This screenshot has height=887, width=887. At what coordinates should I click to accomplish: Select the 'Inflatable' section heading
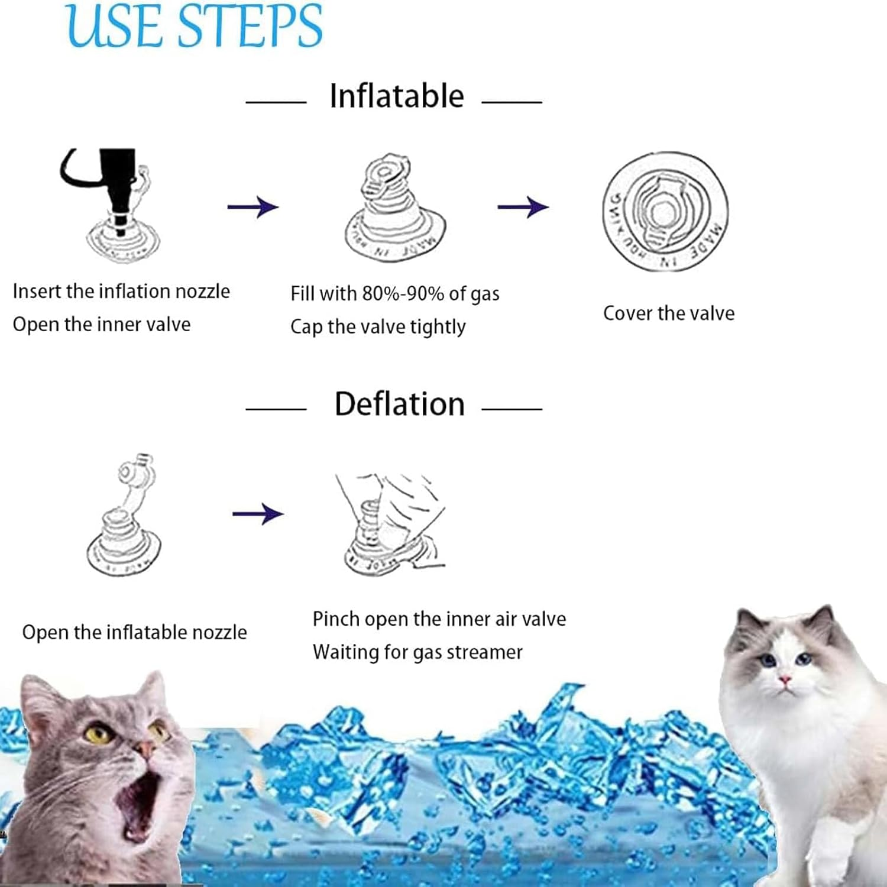point(396,96)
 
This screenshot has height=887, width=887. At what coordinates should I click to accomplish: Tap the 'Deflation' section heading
point(399,404)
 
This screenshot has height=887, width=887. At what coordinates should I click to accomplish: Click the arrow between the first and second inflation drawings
point(252,207)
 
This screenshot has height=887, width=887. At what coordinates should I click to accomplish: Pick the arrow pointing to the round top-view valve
point(523,207)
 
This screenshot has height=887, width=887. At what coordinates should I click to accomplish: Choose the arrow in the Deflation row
point(257,514)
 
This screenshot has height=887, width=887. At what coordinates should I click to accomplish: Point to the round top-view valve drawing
point(665,211)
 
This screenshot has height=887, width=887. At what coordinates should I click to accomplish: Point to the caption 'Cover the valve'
point(669,313)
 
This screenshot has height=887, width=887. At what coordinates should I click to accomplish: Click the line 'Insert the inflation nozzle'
point(121,292)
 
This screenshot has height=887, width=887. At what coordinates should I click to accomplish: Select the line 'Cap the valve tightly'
point(378,327)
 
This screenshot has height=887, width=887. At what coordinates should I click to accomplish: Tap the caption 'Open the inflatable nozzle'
point(134,633)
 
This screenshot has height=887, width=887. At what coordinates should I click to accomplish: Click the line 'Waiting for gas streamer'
point(417,652)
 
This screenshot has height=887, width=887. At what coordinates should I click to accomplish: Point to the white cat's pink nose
point(785,680)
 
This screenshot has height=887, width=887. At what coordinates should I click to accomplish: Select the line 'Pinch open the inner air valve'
point(439,619)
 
